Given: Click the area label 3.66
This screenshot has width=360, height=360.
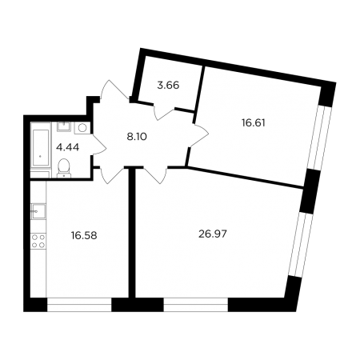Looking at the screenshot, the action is (x=168, y=86).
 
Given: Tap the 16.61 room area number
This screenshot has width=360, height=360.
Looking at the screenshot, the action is (x=254, y=123).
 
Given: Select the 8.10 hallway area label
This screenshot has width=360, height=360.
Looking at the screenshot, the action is (x=137, y=137).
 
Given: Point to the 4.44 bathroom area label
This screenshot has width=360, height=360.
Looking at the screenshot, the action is (x=67, y=147).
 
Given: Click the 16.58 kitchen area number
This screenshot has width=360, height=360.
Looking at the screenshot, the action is (x=84, y=235).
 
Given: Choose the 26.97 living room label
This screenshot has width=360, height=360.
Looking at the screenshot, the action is (x=213, y=234).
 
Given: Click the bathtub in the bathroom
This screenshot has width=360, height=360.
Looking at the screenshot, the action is (x=41, y=147).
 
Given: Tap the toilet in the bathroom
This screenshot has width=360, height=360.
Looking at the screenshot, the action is (x=64, y=168).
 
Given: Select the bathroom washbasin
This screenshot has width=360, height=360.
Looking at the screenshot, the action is (x=63, y=126).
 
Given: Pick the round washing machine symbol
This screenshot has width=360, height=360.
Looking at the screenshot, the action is (x=82, y=128).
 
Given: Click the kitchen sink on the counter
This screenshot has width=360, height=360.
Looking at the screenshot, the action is (x=38, y=211).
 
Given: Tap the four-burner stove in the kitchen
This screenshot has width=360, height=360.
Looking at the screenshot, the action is (x=38, y=241).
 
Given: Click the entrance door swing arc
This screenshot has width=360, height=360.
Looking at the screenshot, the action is (x=114, y=90).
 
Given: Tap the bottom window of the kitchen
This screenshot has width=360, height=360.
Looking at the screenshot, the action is (x=79, y=305).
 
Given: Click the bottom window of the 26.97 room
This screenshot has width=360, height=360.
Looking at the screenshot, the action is (x=196, y=305).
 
